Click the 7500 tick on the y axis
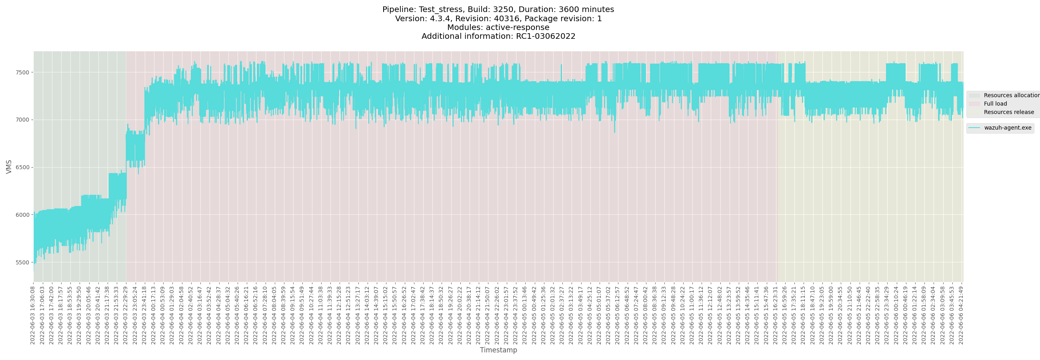[22, 73]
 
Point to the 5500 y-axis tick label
[22, 263]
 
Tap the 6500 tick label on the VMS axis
[22, 168]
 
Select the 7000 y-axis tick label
[22, 120]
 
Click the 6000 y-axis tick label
[22, 215]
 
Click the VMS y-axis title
[9, 167]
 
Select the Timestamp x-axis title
[498, 350]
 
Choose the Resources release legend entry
[1008, 112]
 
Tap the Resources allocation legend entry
[1011, 95]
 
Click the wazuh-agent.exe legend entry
[1007, 128]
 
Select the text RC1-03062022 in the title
[546, 36]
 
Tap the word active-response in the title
[517, 28]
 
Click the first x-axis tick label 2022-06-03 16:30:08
[33, 315]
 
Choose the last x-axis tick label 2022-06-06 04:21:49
[961, 315]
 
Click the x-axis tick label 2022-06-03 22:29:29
[126, 315]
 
